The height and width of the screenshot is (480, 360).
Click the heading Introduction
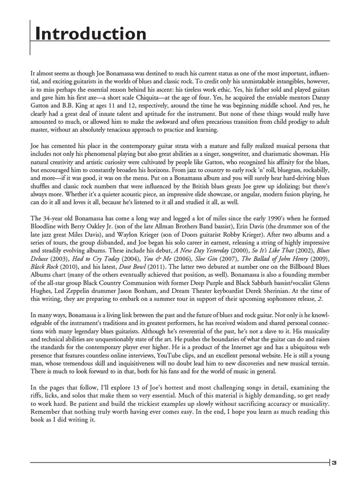91,34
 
